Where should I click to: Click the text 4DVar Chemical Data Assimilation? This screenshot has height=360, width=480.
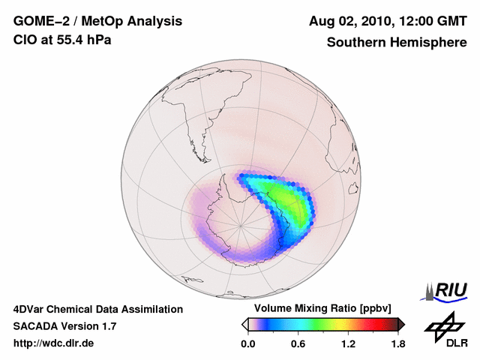pos(98,309)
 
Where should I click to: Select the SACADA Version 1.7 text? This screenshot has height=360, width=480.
pos(64,326)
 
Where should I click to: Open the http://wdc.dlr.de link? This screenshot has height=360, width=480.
pos(54,343)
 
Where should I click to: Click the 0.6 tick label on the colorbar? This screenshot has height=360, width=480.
pos(298,344)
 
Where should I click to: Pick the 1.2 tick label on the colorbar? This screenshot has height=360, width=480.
pos(347,344)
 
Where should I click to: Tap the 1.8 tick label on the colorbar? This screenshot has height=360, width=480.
pos(397,344)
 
